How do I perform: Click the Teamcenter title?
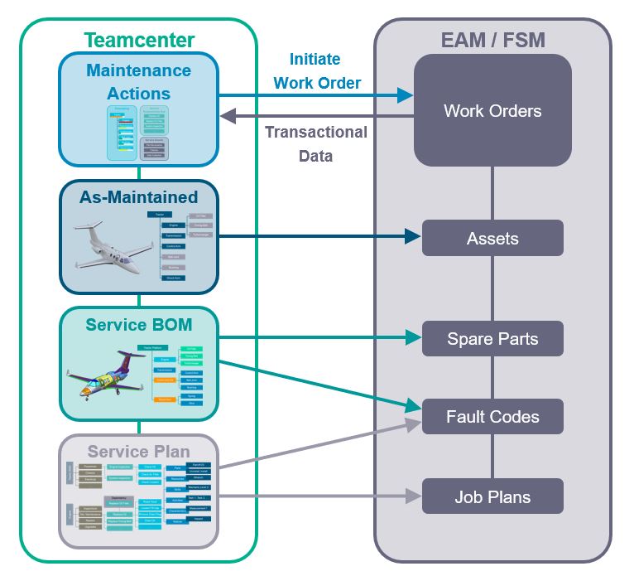(139, 40)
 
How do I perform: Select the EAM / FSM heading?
(492, 39)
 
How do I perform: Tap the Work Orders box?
(492, 111)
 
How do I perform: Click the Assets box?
(492, 239)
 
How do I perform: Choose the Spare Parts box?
(492, 338)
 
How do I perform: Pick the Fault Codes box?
(492, 417)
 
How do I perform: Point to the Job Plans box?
(492, 496)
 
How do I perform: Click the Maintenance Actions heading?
(138, 81)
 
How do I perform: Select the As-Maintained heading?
(138, 197)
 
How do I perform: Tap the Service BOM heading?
(138, 324)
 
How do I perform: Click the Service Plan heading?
(138, 452)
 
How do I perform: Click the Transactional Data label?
(315, 143)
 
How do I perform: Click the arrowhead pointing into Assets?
(415, 237)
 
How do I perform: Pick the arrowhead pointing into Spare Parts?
(415, 337)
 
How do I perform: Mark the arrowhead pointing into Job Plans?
(415, 496)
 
